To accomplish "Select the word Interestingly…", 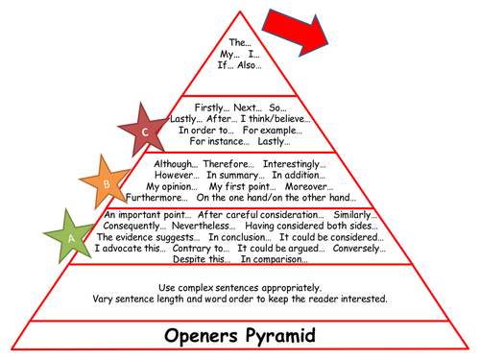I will click(x=291, y=164).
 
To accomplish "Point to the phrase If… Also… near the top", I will click(x=240, y=66).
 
